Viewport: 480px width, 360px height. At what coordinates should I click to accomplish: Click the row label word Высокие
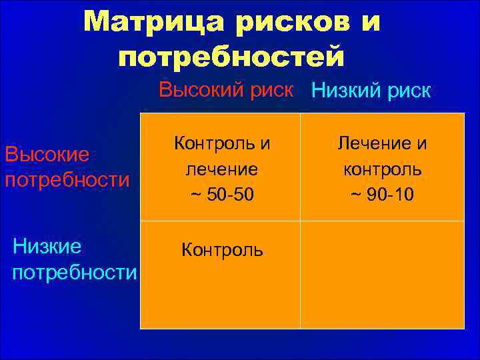(x=47, y=155)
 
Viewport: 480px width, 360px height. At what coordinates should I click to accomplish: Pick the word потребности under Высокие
(x=67, y=180)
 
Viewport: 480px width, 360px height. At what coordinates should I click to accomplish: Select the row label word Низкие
(x=47, y=247)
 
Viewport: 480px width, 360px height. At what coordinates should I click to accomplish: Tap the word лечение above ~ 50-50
(x=222, y=169)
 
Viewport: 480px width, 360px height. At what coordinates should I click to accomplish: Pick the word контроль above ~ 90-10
(x=382, y=169)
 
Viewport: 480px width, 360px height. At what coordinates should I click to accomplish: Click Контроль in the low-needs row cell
(x=222, y=251)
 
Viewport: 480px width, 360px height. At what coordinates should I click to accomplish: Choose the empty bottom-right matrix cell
(x=382, y=275)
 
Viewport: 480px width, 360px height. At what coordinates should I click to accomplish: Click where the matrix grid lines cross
(x=300, y=221)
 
